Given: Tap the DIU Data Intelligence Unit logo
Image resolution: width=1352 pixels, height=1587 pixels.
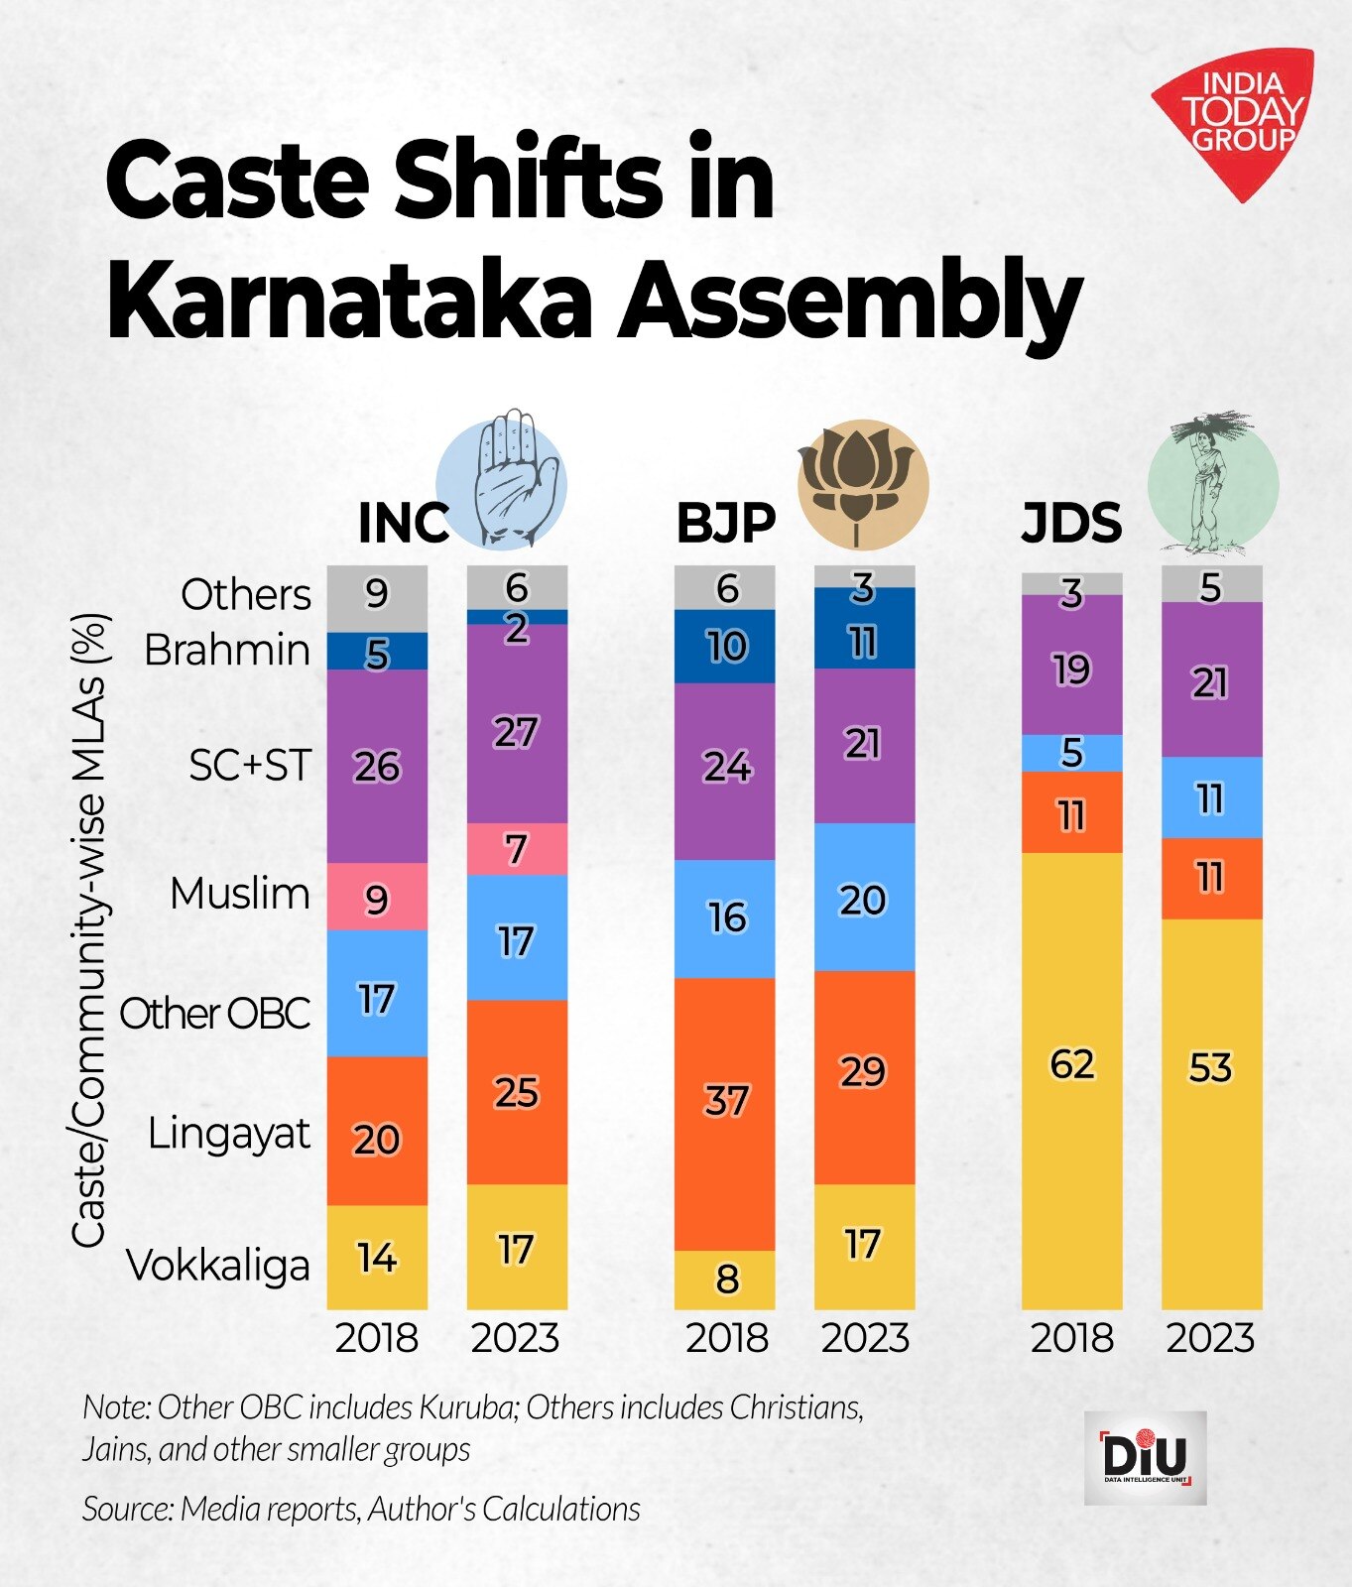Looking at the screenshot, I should pos(1145,1457).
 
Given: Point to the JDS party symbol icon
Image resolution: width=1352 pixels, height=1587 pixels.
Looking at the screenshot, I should pos(1212,483).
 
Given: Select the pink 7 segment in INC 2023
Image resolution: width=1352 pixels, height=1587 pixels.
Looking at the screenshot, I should pos(517,849).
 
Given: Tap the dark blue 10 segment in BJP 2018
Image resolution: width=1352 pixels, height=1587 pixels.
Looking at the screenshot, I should pos(725,647).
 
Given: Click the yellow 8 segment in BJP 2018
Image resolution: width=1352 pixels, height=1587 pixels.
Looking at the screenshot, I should pos(725,1280).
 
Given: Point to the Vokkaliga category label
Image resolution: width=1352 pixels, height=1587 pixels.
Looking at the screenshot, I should pos(218,1266).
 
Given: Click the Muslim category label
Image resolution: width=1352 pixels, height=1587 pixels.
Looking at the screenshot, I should pos(240,894).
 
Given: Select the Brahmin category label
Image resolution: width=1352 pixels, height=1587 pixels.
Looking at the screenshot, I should pos(227,651).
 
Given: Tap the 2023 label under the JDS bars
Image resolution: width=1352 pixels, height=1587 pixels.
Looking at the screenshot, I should pos(1210,1338).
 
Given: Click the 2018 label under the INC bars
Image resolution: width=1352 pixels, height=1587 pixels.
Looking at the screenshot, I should pos(377,1338).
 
